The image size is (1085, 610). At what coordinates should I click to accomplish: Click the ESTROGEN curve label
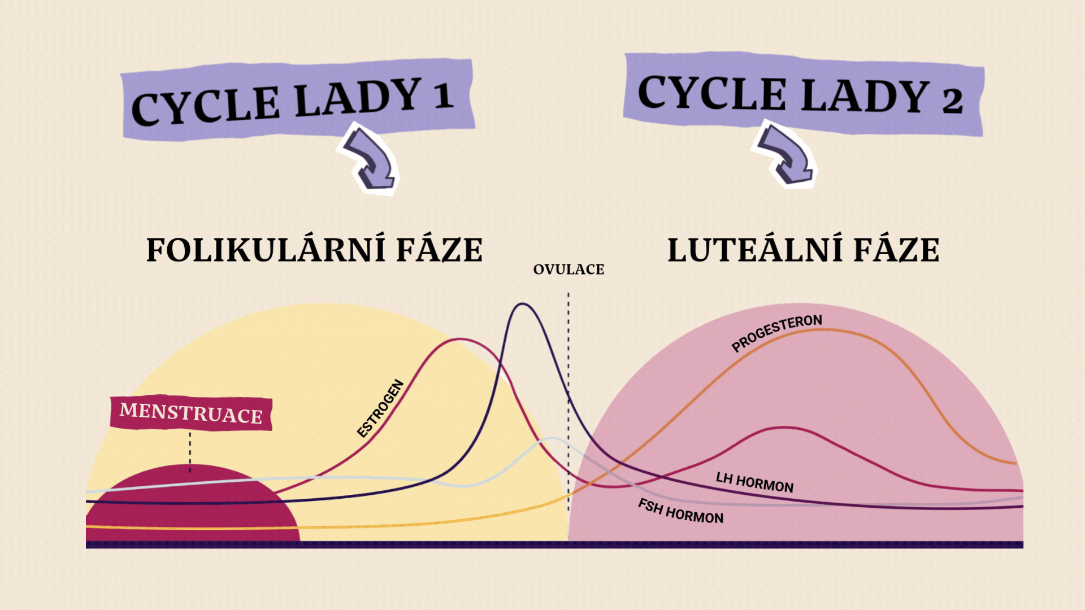pos(381,408)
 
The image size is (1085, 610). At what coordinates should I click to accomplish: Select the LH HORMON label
pos(754,482)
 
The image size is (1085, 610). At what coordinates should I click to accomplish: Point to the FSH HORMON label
pos(680,511)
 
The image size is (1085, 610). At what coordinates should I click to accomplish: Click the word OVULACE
pos(568,269)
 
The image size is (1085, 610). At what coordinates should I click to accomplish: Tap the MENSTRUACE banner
pos(191,413)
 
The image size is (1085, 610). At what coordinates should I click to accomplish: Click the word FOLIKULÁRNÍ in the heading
pos(265,250)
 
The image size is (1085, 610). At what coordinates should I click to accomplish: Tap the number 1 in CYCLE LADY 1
pos(444,96)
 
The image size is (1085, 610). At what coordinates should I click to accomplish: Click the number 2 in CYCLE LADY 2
pos(952,101)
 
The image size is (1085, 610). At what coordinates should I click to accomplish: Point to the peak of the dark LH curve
pos(523,304)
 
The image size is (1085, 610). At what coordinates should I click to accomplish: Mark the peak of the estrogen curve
pos(460,339)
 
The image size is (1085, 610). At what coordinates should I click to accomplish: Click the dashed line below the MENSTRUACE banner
pos(190,452)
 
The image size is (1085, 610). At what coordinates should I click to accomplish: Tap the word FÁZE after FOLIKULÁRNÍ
pos(439,250)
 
